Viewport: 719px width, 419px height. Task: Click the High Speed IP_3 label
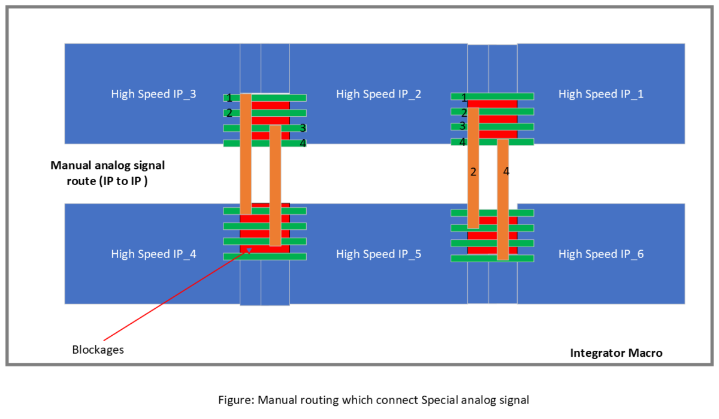coord(153,94)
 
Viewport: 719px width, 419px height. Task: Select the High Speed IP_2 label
coord(379,94)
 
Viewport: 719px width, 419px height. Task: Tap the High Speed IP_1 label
coord(601,94)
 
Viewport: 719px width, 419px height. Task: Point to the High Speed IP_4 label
coord(153,254)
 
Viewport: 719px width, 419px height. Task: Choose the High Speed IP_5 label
coord(379,254)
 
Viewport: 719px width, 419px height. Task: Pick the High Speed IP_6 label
coord(601,254)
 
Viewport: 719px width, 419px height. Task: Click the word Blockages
coord(98,350)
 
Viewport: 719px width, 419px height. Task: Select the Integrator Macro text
coord(616,353)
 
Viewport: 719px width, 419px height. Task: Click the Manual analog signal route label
coord(107,172)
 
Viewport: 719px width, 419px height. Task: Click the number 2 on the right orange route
coord(473,172)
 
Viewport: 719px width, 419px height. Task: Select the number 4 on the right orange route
coord(506,172)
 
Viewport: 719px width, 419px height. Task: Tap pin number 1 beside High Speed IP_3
coord(229,98)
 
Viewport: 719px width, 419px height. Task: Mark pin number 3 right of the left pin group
coord(303,128)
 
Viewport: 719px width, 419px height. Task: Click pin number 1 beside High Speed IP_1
coord(464,97)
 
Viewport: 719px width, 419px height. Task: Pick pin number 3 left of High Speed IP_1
coord(463,126)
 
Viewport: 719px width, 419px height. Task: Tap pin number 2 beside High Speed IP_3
coord(229,113)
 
